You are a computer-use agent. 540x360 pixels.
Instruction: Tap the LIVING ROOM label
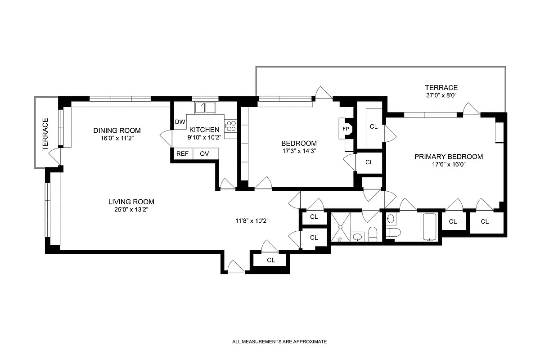click(x=131, y=202)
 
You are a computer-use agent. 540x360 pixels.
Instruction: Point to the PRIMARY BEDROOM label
click(x=448, y=157)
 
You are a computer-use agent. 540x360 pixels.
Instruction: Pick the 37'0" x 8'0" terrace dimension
click(x=441, y=96)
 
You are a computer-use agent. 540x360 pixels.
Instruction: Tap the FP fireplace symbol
click(x=346, y=129)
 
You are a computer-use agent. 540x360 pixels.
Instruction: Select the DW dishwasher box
click(x=180, y=122)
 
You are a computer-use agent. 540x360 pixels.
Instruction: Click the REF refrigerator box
click(x=182, y=153)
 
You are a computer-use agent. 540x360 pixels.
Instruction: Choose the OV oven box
click(x=205, y=153)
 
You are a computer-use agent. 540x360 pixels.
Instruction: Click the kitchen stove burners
click(x=231, y=126)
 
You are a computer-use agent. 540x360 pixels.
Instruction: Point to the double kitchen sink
click(x=205, y=108)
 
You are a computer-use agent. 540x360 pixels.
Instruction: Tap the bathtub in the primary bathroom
click(x=431, y=227)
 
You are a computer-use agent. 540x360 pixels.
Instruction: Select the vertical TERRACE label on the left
click(x=45, y=134)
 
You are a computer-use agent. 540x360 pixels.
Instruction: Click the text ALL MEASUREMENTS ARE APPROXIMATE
click(x=279, y=342)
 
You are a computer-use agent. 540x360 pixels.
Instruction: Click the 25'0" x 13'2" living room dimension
click(x=131, y=210)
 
